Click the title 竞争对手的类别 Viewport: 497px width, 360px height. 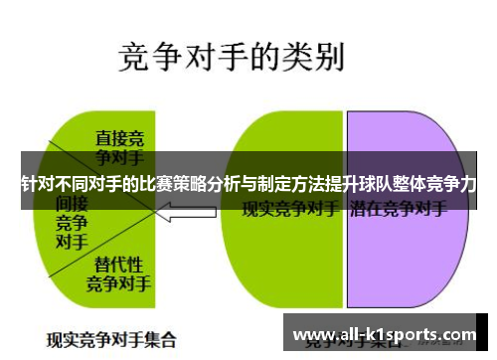tap(232, 57)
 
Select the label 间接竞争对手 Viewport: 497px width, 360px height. tap(71, 221)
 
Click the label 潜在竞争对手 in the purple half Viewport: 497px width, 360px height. tap(398, 211)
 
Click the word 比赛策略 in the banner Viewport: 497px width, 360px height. tap(170, 184)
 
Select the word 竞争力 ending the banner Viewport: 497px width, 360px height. tap(452, 184)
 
